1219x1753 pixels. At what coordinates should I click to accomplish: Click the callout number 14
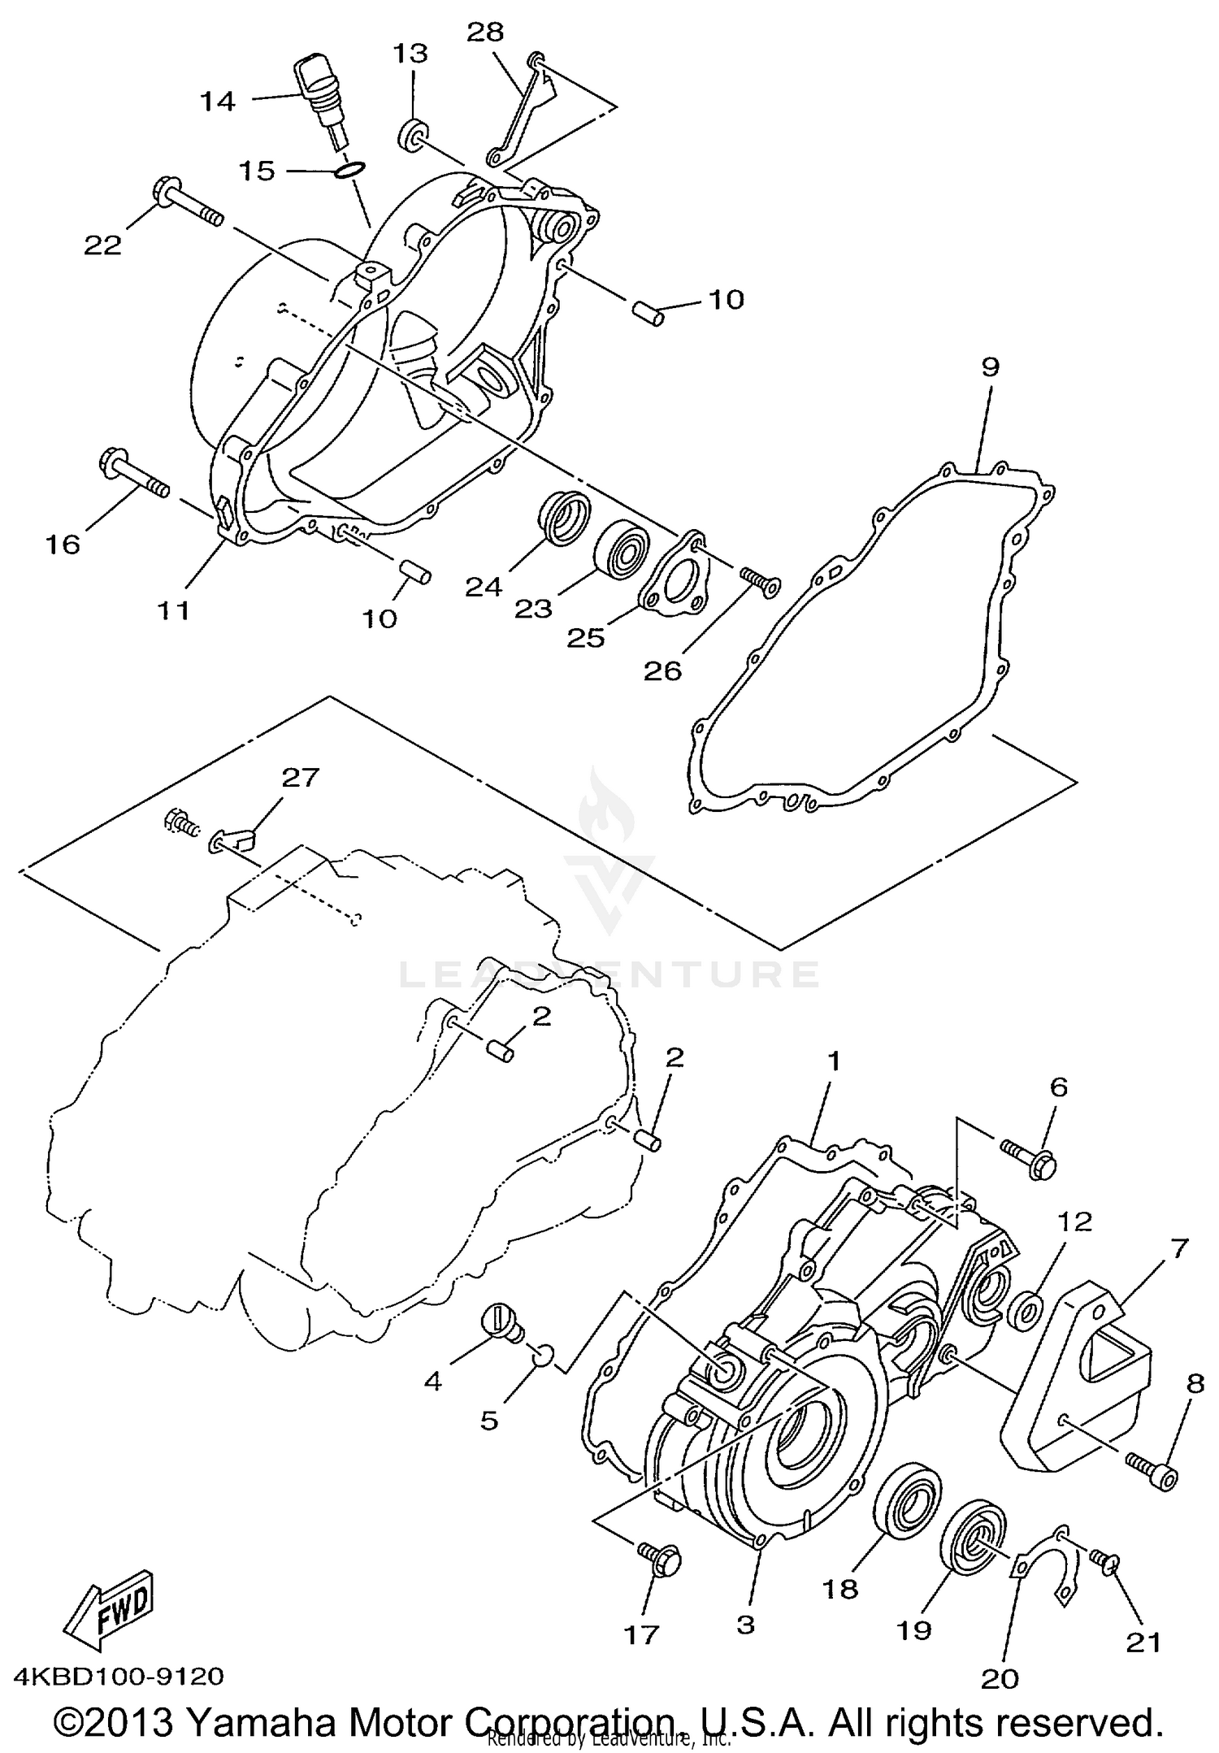[218, 102]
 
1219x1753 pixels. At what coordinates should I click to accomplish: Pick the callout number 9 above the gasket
[989, 367]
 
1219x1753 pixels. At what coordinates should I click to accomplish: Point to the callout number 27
[301, 778]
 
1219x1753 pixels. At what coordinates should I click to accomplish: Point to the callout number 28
[486, 33]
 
